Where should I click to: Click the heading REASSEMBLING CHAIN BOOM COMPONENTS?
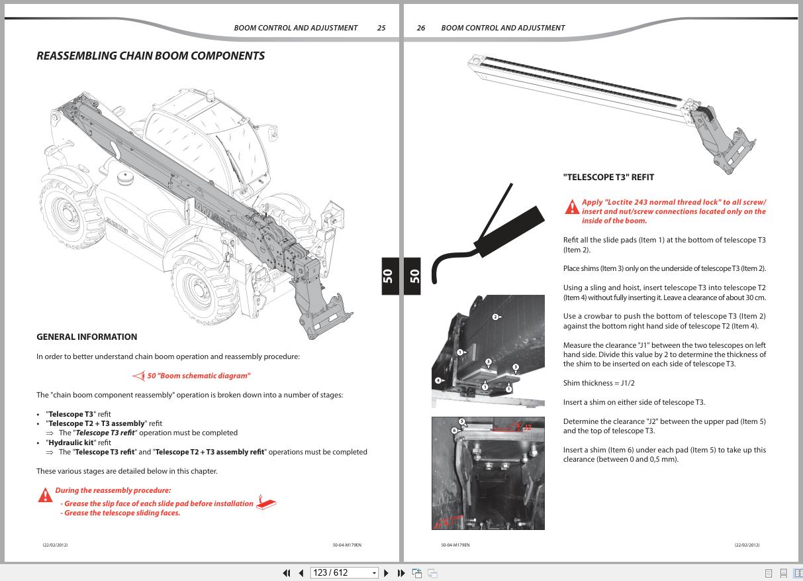coord(150,56)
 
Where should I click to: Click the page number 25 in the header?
coord(381,28)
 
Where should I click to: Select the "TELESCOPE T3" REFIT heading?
coord(608,178)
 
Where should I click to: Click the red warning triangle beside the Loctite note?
coord(572,207)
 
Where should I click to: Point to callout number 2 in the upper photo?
coord(495,317)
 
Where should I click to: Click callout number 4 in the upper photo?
coord(438,381)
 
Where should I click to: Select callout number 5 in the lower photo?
coord(462,421)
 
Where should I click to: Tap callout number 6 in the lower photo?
coord(454,431)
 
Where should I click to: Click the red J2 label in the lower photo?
coord(528,428)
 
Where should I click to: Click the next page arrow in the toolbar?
coord(386,573)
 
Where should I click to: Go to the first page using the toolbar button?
coord(287,573)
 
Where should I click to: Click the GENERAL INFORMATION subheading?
coord(87,337)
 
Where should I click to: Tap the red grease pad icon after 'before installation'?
coord(265,503)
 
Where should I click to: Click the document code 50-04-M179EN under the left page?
coord(347,545)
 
